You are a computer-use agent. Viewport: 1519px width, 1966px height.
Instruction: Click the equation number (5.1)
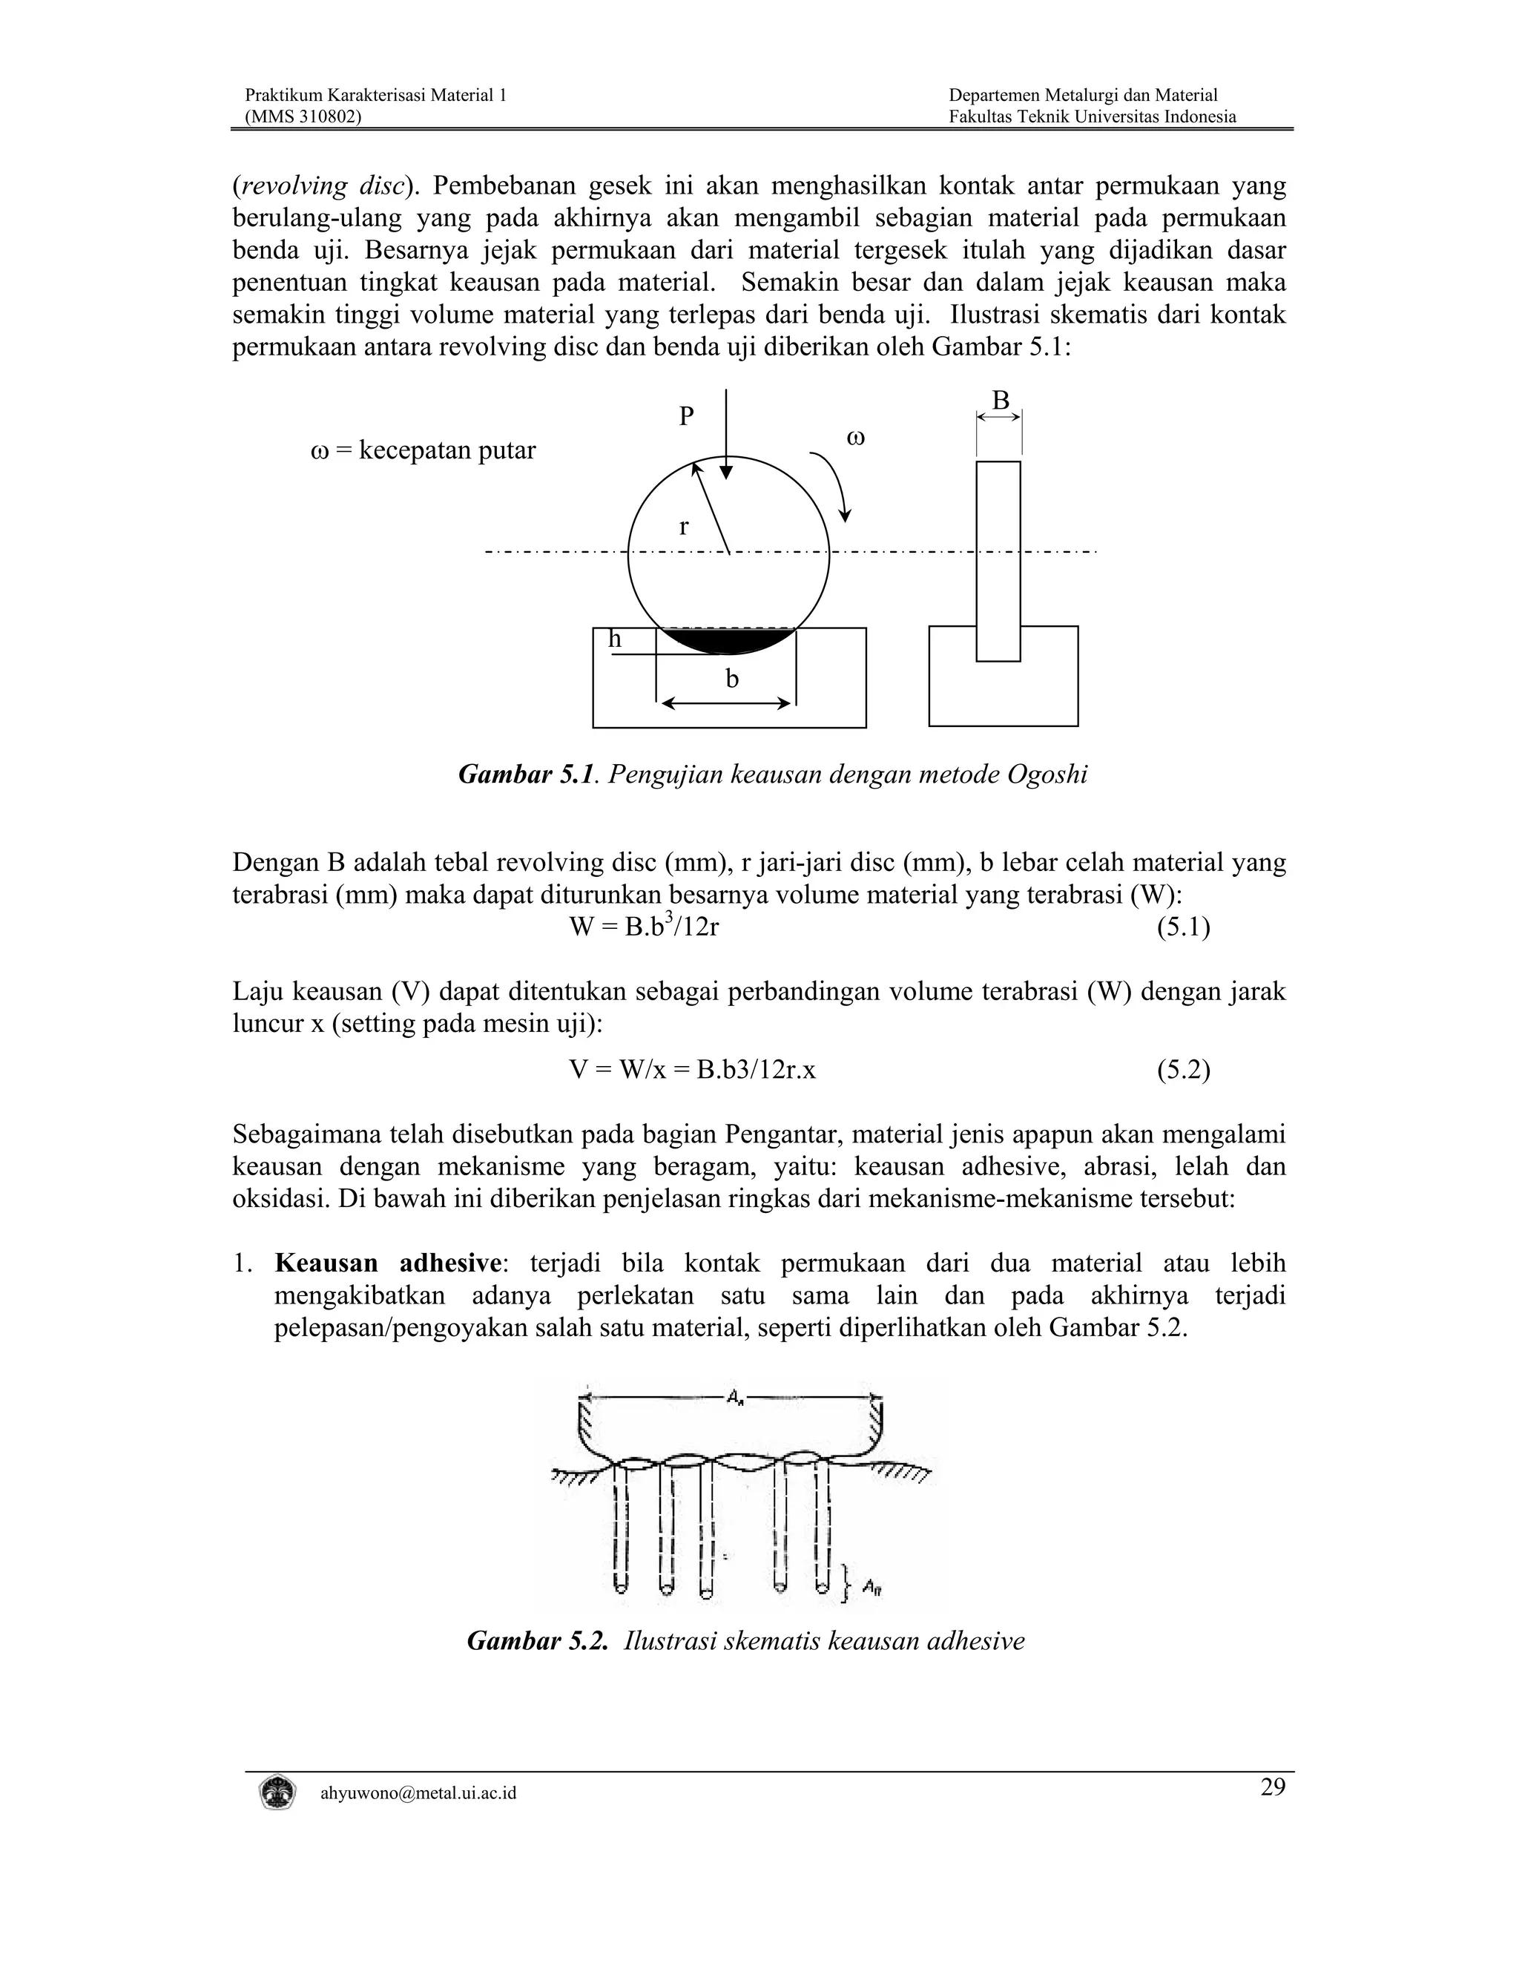coord(1182,927)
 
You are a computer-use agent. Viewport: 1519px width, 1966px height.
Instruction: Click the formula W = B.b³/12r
coord(645,927)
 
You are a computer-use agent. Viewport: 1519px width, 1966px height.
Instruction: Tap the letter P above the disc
coord(687,417)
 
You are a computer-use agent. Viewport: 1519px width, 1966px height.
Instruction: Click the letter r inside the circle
coord(684,527)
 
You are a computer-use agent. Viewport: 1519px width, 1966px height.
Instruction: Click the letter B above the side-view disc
coord(1000,400)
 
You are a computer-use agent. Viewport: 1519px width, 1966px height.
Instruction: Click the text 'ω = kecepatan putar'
coord(423,450)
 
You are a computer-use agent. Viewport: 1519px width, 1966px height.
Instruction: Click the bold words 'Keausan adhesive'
coord(387,1263)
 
